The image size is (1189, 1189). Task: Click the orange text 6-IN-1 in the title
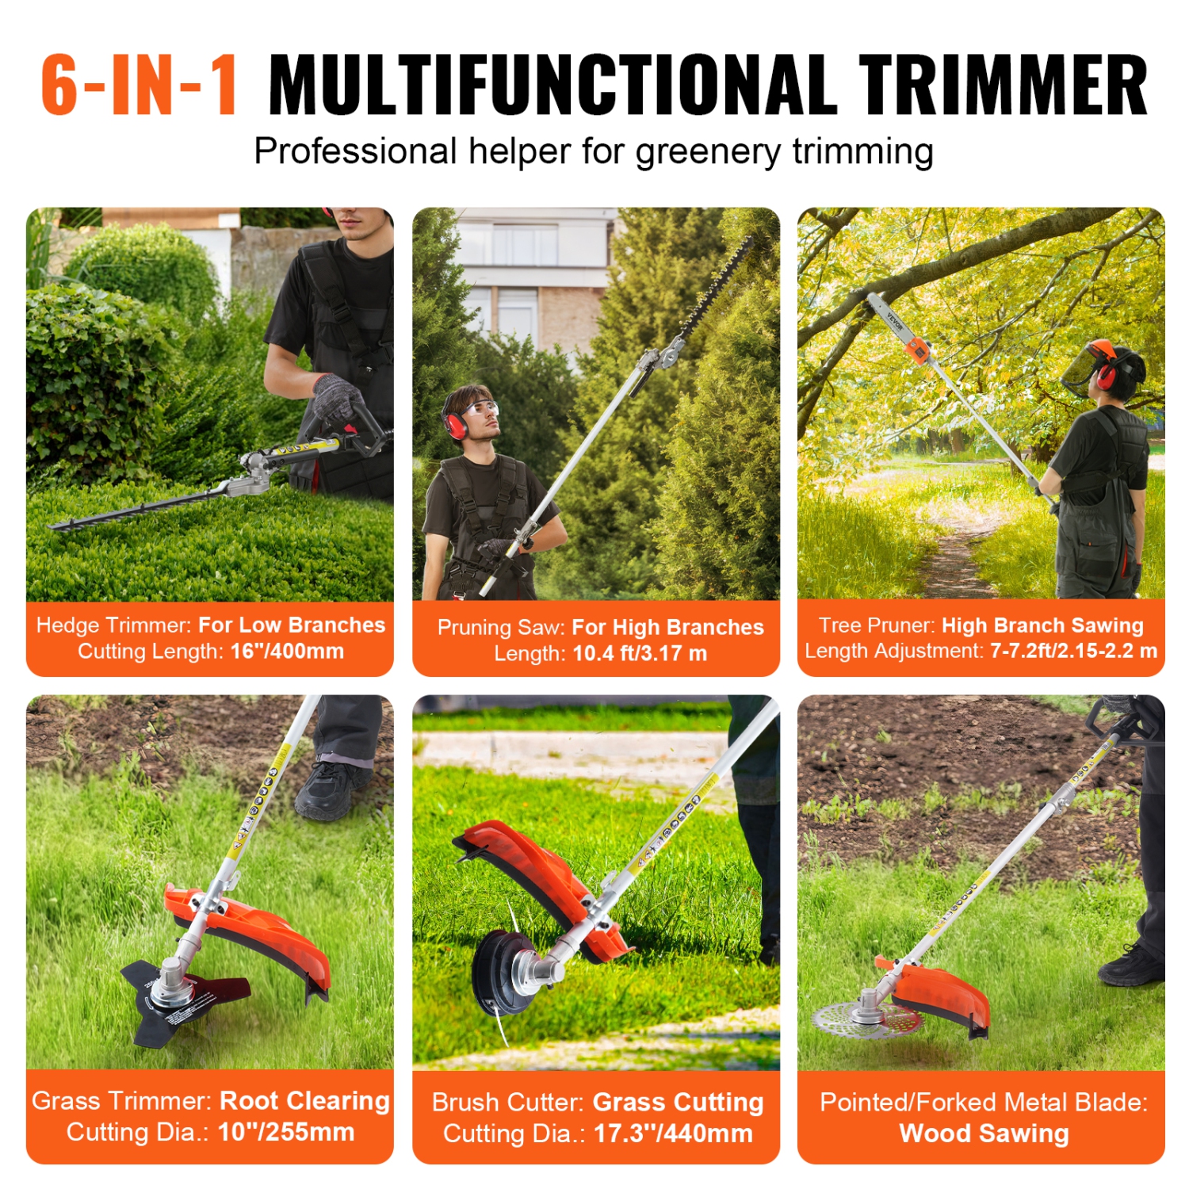point(139,86)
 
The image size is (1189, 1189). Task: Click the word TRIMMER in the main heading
point(1003,86)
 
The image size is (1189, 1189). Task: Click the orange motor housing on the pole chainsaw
point(918,349)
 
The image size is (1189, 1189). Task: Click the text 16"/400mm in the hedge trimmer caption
point(287,652)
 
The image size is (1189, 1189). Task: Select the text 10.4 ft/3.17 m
point(639,654)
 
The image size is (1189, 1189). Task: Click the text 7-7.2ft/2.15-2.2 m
point(1073,652)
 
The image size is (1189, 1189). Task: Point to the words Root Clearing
point(304,1101)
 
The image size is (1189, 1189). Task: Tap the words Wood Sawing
point(983,1134)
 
